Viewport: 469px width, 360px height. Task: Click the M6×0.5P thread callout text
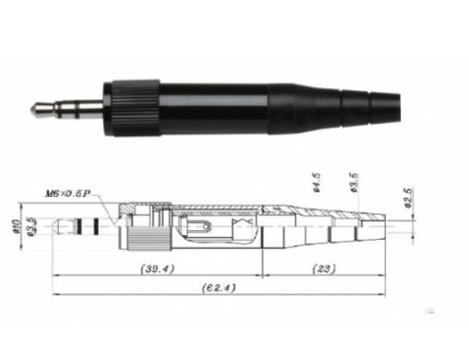[x=68, y=193]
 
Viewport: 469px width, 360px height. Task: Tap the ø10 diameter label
[x=16, y=226]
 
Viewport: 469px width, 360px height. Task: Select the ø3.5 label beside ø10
[x=31, y=226]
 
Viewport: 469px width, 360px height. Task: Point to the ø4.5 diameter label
[x=316, y=183]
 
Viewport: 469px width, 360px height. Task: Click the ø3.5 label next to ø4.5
[x=354, y=183]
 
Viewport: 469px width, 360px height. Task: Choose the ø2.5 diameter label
[x=408, y=198]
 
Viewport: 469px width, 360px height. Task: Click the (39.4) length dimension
[x=157, y=269]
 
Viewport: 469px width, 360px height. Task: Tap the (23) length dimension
[x=324, y=269]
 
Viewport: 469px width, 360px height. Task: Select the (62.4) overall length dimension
[x=219, y=288]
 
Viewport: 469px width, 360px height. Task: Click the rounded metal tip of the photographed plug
[x=38, y=108]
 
